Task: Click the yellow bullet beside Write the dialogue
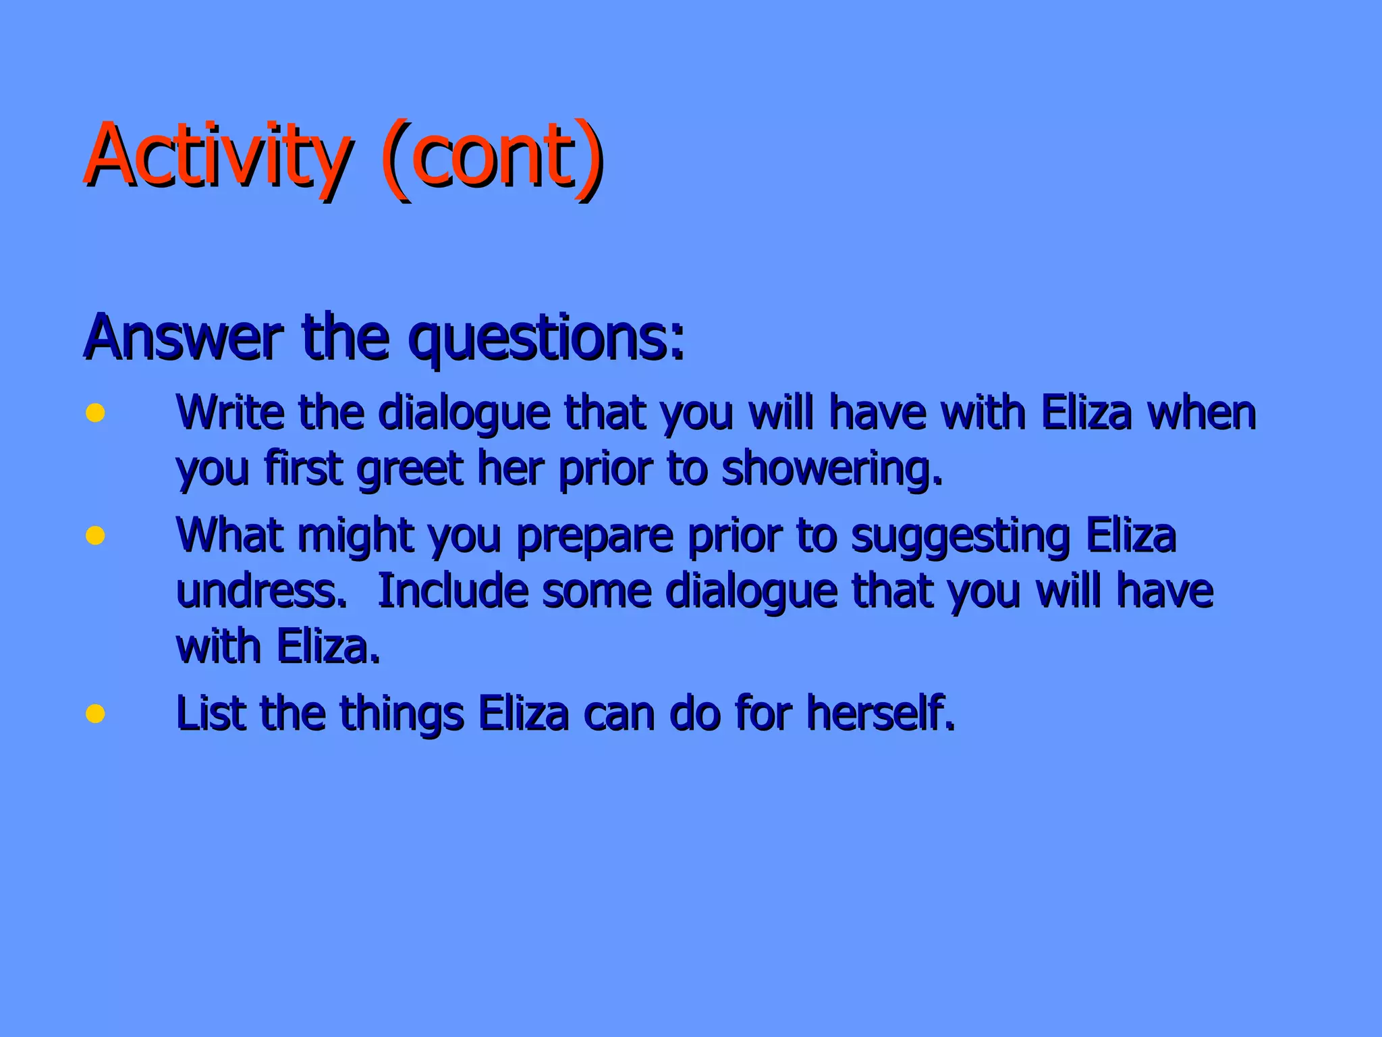point(95,413)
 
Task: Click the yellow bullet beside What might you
point(95,535)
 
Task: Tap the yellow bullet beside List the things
point(95,713)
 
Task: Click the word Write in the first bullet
point(229,412)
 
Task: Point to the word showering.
point(831,469)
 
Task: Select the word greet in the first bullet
point(409,469)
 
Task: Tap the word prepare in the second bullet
point(595,536)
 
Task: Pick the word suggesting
point(960,536)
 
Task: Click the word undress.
point(261,591)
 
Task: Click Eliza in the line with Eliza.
point(328,647)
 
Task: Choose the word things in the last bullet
point(402,714)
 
